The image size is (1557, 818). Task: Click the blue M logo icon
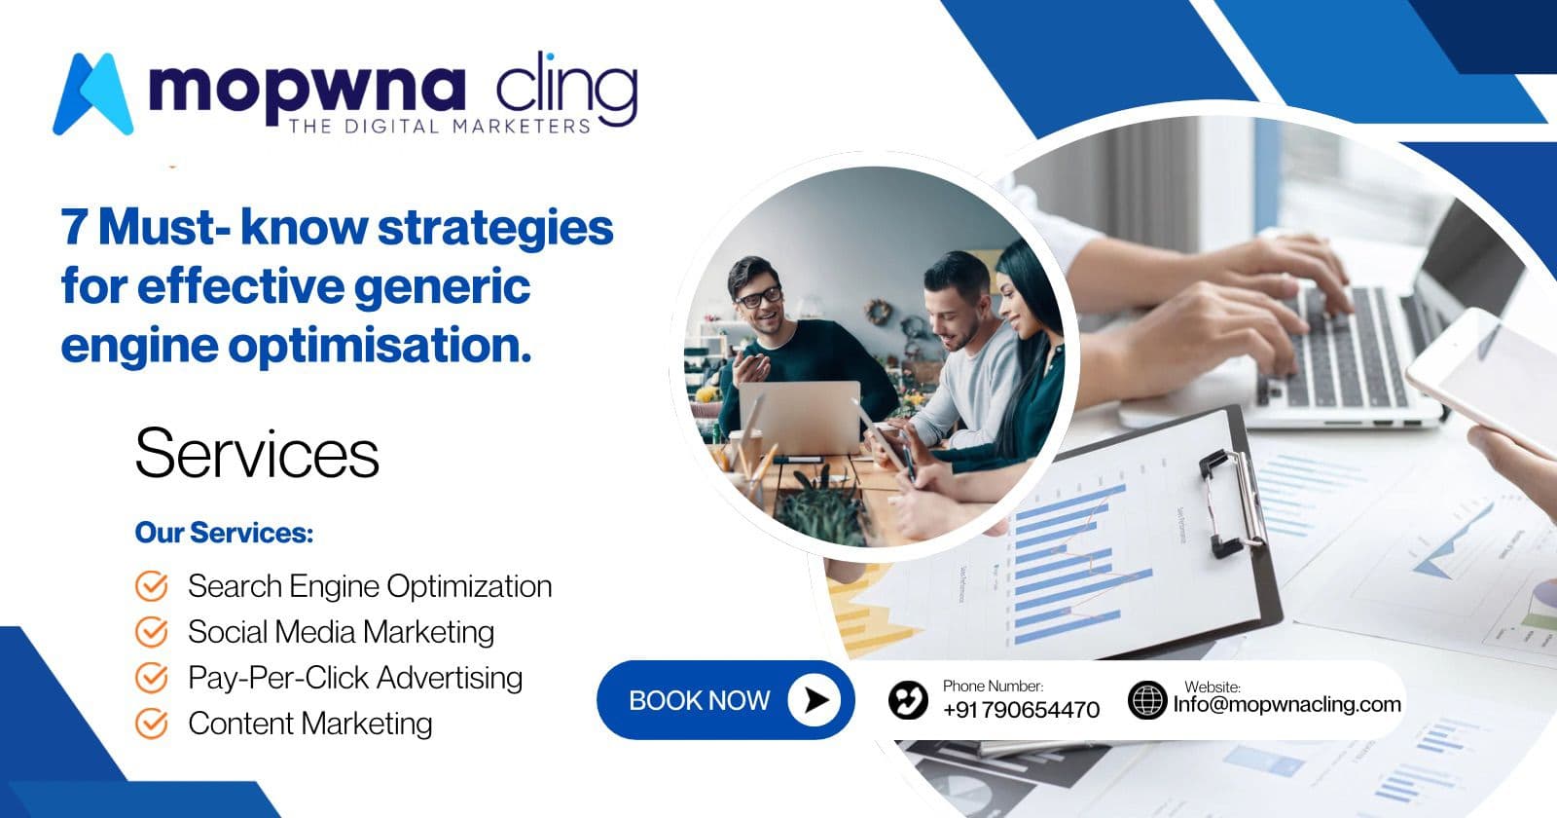[x=92, y=93]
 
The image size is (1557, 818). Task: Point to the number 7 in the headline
[x=75, y=228]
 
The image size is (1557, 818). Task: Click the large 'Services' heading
[x=257, y=454]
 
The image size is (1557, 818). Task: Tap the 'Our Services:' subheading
[x=224, y=533]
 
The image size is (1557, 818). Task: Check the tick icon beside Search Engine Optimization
[x=151, y=586]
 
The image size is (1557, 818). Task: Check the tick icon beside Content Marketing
[x=151, y=724]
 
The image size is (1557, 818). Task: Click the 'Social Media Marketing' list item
[x=341, y=632]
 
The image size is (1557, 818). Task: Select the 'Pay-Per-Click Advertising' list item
[x=355, y=678]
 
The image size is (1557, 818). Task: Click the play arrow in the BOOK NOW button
[x=815, y=699]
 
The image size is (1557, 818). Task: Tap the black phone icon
[x=907, y=700]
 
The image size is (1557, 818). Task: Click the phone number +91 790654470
[x=1021, y=710]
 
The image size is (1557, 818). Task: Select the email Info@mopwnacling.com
[x=1286, y=704]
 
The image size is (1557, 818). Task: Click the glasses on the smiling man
[x=759, y=295]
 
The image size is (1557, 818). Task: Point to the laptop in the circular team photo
[x=800, y=417]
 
